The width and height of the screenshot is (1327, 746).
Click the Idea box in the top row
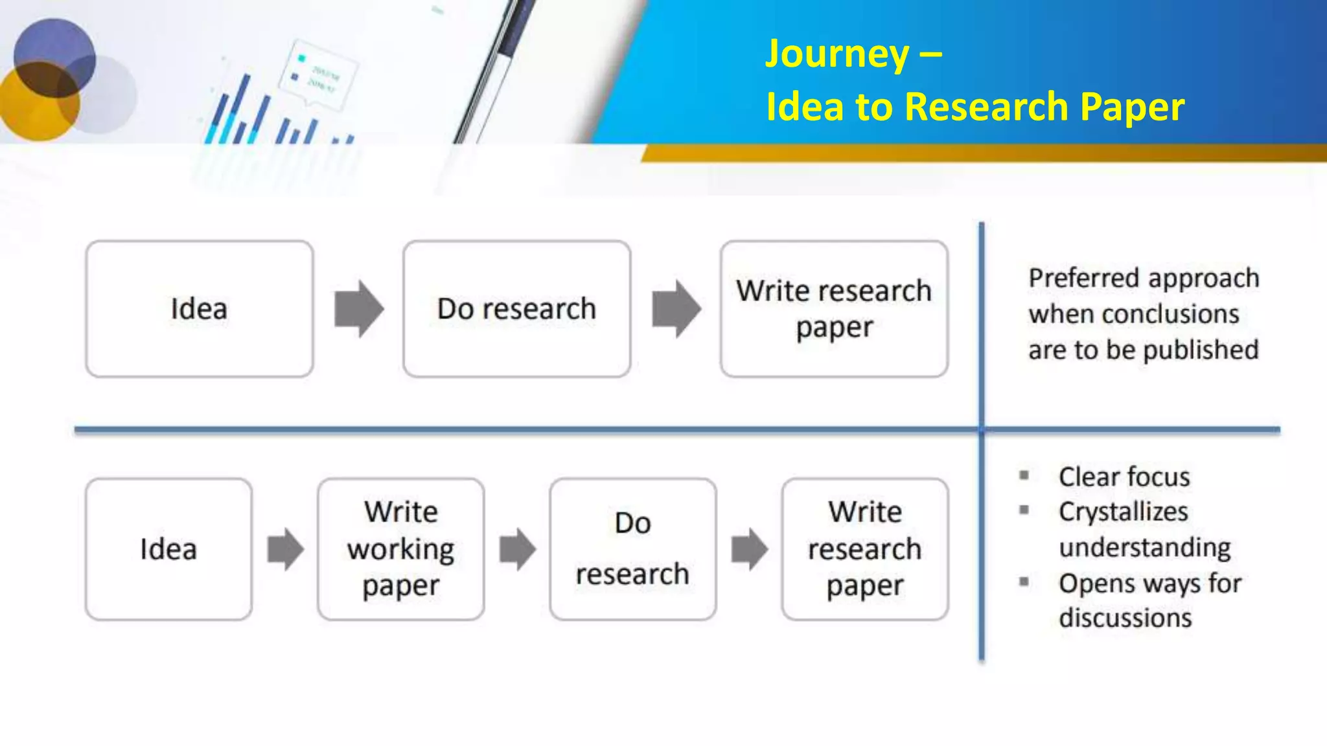pos(199,309)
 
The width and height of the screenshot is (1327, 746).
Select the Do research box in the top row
pos(516,309)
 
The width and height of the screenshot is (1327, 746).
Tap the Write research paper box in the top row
pos(834,309)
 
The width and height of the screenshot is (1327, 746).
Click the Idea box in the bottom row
pos(168,549)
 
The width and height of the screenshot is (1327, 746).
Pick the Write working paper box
pos(400,549)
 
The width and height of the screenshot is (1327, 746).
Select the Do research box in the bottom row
pos(632,549)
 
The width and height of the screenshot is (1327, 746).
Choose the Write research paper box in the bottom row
pos(864,549)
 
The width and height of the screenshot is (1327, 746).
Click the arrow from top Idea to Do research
pos(358,309)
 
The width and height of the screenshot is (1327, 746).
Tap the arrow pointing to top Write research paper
pos(676,309)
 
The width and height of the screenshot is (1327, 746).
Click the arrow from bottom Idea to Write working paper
pos(285,549)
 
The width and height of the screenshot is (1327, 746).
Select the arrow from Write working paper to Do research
pos(517,549)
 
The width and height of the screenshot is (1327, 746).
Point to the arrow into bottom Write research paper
pos(749,549)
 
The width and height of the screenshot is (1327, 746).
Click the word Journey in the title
pos(837,54)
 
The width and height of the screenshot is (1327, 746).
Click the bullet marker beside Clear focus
pos(1024,476)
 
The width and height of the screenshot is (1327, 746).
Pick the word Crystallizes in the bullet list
pos(1123,512)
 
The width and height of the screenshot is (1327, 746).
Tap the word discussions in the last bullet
pos(1125,618)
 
